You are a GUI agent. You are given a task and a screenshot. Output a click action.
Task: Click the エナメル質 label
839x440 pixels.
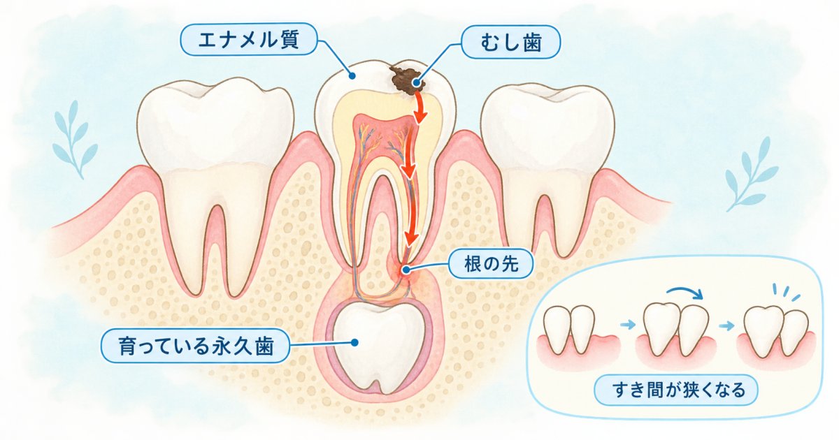point(249,39)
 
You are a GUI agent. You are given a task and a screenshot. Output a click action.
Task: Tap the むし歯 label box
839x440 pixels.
point(511,42)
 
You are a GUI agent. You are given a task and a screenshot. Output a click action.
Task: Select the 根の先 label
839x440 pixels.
point(491,264)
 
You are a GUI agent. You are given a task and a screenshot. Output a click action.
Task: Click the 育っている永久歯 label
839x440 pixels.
point(196,346)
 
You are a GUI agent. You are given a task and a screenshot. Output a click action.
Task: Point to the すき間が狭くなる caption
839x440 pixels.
point(676,390)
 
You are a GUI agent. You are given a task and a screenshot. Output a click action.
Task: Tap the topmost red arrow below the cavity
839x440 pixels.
point(419,108)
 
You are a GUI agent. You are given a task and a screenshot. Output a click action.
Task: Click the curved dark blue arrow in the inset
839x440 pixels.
point(685,293)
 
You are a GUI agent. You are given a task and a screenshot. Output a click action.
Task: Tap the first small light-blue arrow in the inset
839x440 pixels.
point(628,324)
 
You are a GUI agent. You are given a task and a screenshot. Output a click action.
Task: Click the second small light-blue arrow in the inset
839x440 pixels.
point(727,326)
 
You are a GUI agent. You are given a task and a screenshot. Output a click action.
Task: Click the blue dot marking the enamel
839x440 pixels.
point(352,76)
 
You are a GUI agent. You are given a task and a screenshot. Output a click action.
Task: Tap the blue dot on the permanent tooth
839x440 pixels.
point(354,342)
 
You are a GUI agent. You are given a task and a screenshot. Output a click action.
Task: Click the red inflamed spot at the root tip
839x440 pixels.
point(406,270)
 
